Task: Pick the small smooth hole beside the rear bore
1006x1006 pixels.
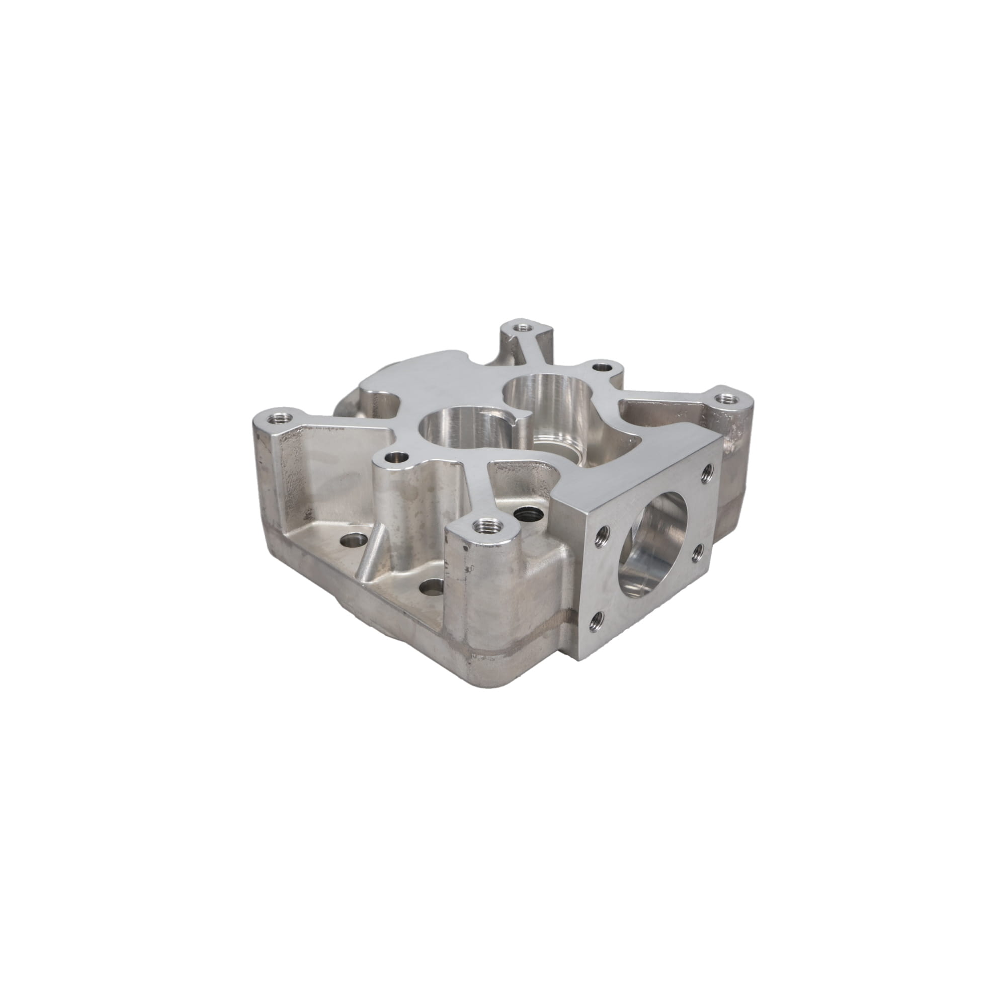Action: coord(603,367)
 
